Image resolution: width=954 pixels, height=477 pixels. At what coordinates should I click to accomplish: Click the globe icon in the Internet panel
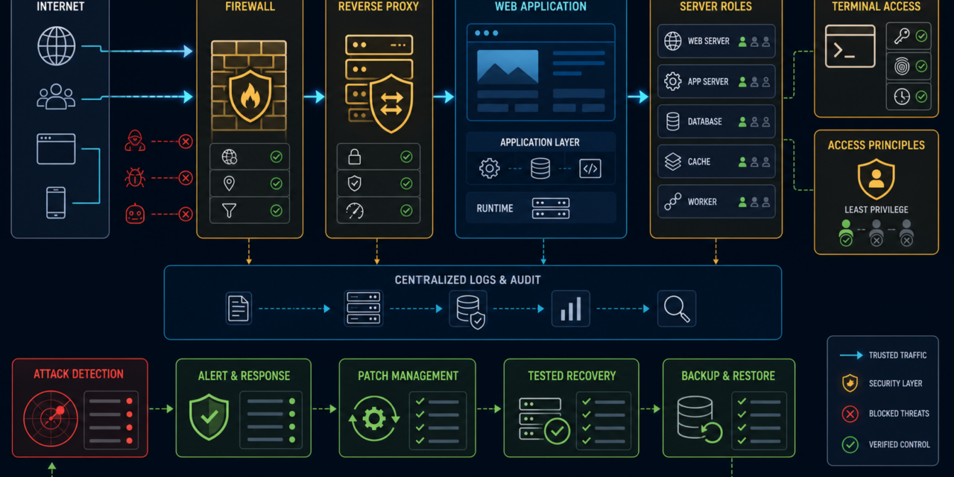(56, 46)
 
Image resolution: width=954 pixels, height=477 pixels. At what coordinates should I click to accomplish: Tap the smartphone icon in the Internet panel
(56, 203)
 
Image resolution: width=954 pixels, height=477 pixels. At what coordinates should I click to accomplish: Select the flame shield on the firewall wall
(250, 96)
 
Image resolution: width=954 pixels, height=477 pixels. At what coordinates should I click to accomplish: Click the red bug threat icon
(135, 177)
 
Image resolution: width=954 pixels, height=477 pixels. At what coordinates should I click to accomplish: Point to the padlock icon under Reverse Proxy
(354, 157)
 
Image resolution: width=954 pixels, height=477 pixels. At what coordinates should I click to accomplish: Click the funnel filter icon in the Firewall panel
(229, 210)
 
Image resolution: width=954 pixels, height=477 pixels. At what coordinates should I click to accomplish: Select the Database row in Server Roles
(716, 121)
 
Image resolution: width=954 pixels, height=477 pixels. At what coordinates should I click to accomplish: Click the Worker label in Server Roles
(702, 202)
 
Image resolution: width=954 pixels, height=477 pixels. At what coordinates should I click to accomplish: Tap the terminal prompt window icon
(850, 46)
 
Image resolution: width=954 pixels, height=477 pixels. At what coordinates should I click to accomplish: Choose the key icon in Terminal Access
(902, 37)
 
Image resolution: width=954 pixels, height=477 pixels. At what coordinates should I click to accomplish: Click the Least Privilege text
(876, 209)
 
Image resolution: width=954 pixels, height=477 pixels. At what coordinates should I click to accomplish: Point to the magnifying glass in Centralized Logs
(677, 309)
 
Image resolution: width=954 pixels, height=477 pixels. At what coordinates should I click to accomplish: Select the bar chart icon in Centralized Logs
(571, 309)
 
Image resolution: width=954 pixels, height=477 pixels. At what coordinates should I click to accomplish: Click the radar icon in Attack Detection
(51, 418)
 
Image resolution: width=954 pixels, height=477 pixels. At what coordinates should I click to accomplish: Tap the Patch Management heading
(408, 376)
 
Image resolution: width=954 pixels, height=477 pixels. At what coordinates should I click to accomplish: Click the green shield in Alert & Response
(209, 417)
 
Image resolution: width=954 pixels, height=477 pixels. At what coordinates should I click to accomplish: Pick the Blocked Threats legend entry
(885, 414)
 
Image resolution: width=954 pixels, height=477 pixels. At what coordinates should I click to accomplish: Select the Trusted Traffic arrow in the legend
(851, 356)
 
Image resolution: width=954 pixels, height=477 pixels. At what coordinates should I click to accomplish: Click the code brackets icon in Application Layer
(590, 168)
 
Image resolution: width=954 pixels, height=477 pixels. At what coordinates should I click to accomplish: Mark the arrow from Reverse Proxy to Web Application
(443, 97)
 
